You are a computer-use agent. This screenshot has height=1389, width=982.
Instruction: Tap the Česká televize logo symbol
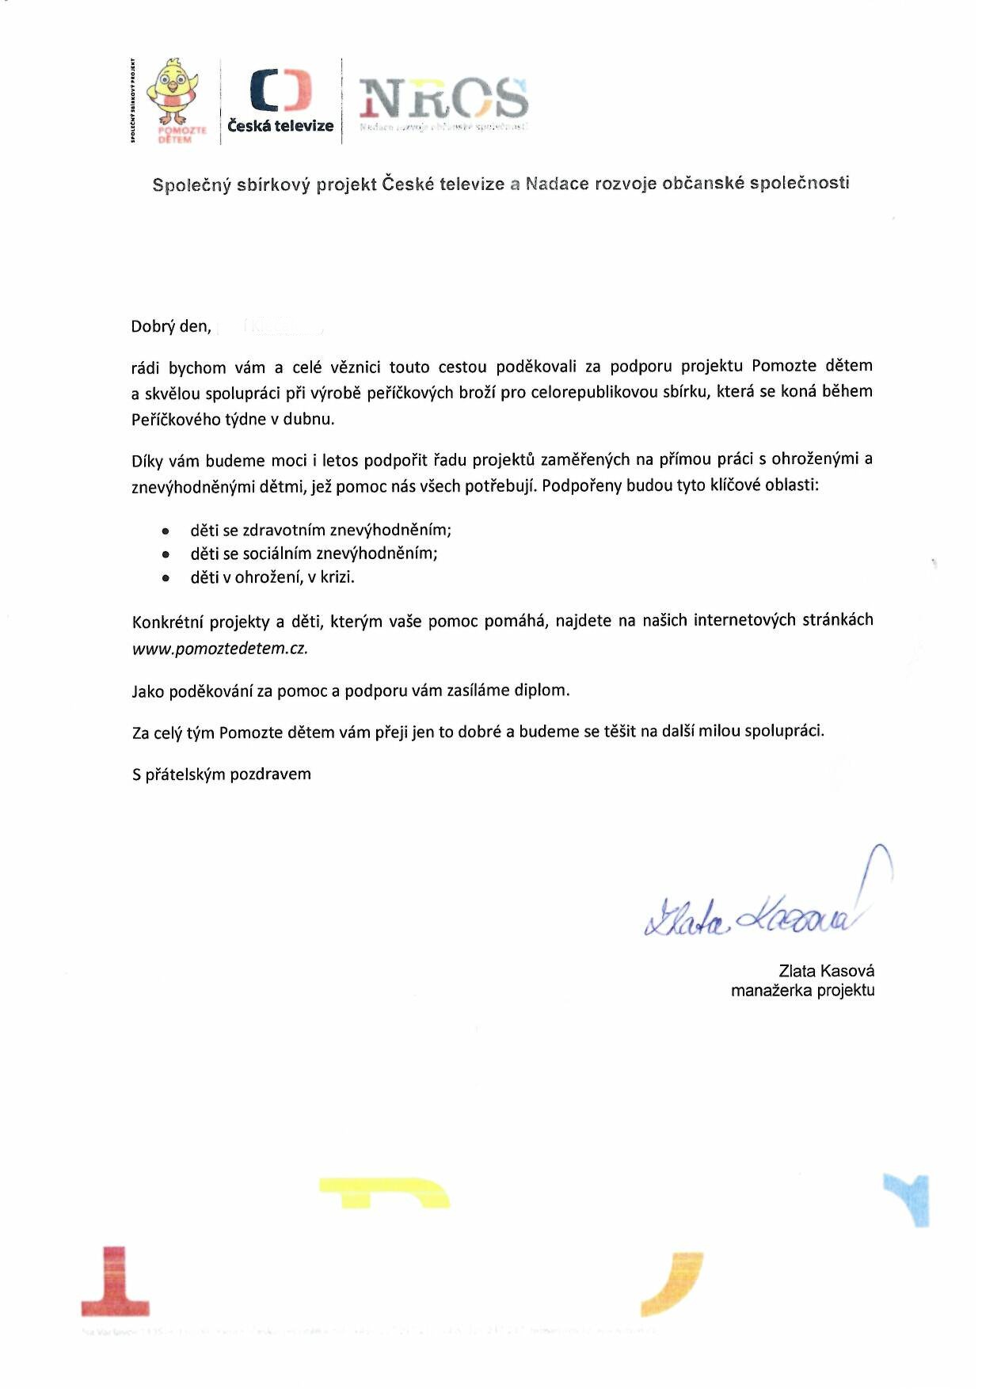pyautogui.click(x=280, y=89)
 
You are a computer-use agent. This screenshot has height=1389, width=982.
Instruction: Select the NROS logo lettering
pyautogui.click(x=443, y=98)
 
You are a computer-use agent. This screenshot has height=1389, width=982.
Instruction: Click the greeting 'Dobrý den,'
pyautogui.click(x=171, y=326)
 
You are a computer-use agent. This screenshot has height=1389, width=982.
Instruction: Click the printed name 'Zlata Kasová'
pyautogui.click(x=826, y=971)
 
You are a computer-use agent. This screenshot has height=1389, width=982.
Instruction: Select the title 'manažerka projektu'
pyautogui.click(x=802, y=990)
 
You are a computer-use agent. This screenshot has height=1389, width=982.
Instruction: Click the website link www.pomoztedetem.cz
pyautogui.click(x=219, y=648)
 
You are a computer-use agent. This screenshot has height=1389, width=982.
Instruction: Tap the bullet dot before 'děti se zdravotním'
pyautogui.click(x=166, y=531)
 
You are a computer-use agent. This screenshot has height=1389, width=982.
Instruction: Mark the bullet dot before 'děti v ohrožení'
pyautogui.click(x=166, y=578)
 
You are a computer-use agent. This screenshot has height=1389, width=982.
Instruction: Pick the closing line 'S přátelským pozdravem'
pyautogui.click(x=221, y=774)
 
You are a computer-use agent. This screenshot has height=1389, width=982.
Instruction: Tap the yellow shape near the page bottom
pyautogui.click(x=385, y=1193)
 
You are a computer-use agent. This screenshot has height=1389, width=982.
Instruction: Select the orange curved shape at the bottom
pyautogui.click(x=673, y=1284)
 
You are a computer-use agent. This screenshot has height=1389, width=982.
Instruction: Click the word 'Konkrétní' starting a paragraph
pyautogui.click(x=167, y=622)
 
